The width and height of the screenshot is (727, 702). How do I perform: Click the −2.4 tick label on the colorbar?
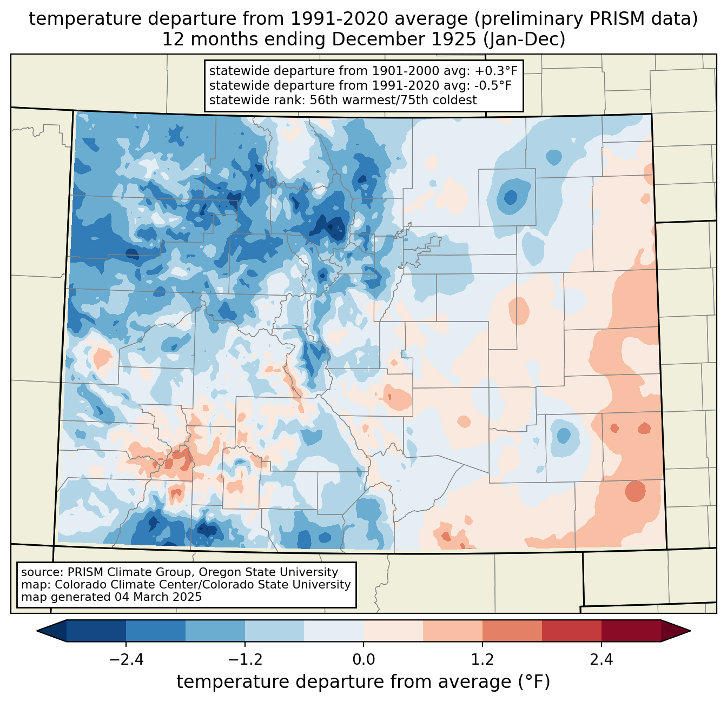pos(125,660)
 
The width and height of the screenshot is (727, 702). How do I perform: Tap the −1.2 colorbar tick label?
pos(244,660)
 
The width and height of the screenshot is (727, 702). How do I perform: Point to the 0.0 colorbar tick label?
pos(363,660)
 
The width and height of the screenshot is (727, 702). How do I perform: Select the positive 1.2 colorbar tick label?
pos(483,660)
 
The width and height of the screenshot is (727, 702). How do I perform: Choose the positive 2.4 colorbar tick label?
pos(601,660)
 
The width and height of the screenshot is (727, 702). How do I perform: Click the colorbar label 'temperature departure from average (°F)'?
pos(363,682)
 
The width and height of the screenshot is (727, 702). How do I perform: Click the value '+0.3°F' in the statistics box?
pos(492,71)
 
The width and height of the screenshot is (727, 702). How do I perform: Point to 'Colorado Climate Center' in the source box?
pos(126,585)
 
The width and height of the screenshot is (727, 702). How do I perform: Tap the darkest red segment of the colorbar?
pos(631,631)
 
